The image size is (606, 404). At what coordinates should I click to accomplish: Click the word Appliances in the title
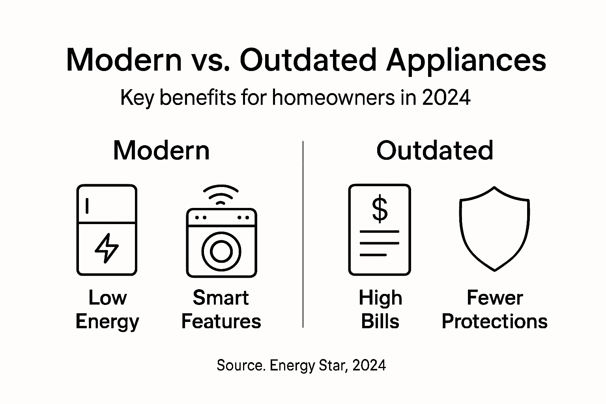[466, 60]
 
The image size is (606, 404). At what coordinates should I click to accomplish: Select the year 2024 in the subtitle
[446, 97]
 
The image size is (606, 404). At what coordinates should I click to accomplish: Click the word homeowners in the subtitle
[333, 97]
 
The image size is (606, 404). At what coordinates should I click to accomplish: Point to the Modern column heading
[161, 150]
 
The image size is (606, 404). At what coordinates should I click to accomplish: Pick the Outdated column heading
[434, 150]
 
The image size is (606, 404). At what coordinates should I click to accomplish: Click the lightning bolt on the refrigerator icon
[107, 248]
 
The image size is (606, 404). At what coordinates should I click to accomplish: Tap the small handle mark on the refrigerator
[87, 206]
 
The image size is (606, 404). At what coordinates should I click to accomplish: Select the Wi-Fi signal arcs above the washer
[221, 194]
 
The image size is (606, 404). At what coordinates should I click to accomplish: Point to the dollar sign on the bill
[380, 209]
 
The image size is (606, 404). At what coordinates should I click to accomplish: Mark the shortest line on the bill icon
[373, 255]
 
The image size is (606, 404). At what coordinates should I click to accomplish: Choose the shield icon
[494, 229]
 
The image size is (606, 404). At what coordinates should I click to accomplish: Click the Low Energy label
[107, 309]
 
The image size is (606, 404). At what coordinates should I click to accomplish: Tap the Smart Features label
[221, 309]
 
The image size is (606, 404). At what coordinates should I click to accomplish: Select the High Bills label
[380, 309]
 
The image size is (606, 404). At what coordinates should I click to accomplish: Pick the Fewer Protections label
[494, 309]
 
